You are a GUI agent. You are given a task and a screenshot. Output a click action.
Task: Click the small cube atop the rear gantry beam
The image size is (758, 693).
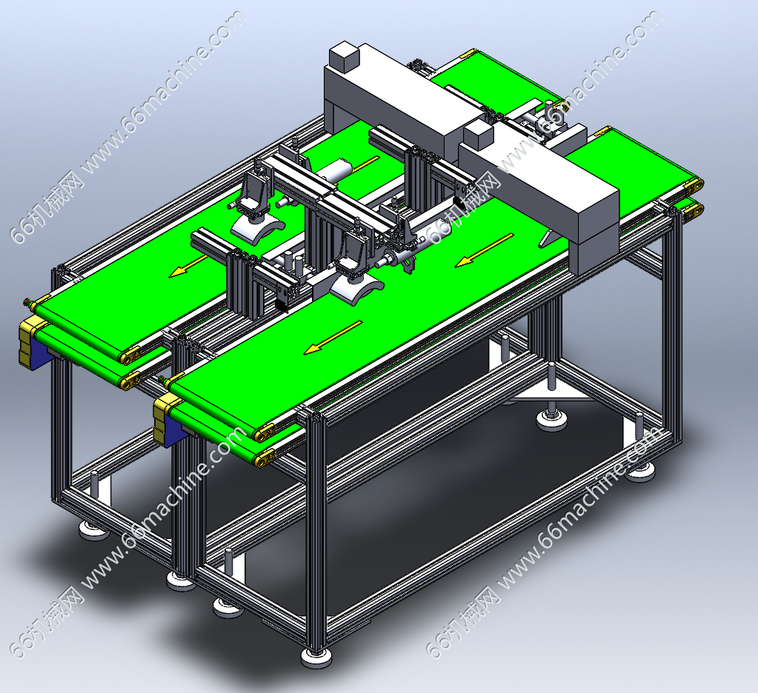click(345, 58)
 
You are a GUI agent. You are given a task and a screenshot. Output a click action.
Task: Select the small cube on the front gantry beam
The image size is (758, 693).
click(479, 133)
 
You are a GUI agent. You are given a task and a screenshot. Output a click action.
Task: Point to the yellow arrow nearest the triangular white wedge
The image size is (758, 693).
click(484, 250)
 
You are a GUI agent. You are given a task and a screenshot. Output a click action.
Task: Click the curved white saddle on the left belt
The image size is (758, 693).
click(257, 226)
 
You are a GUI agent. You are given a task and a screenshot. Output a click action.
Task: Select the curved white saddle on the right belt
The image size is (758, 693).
click(356, 289)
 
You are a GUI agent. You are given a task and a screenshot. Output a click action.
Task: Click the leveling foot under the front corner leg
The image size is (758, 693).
click(316, 657)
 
